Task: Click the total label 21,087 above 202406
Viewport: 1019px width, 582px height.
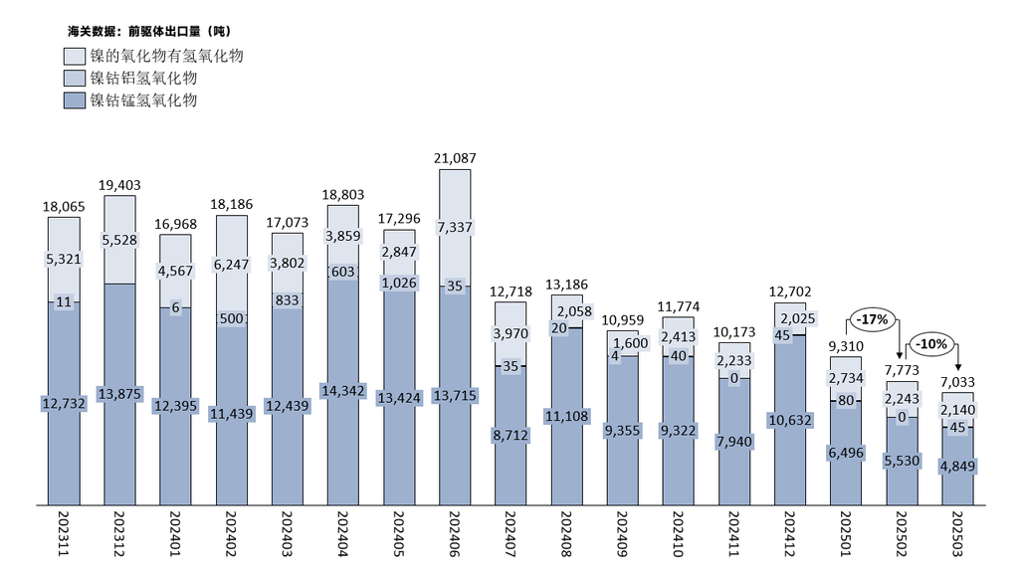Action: point(455,158)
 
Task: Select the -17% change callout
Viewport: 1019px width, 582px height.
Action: point(872,319)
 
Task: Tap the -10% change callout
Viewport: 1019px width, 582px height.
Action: point(932,343)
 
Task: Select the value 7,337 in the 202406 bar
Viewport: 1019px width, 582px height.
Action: point(455,228)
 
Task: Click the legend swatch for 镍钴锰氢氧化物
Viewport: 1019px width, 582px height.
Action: point(74,100)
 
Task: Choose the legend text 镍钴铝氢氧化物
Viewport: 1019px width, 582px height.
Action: point(143,78)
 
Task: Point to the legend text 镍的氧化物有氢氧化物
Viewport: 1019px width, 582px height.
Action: point(166,56)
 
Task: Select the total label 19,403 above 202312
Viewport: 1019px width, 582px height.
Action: point(119,185)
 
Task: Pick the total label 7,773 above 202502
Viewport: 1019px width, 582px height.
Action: point(902,370)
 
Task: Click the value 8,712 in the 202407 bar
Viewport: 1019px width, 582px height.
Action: point(510,435)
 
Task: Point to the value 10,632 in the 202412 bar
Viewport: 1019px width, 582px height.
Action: point(790,420)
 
